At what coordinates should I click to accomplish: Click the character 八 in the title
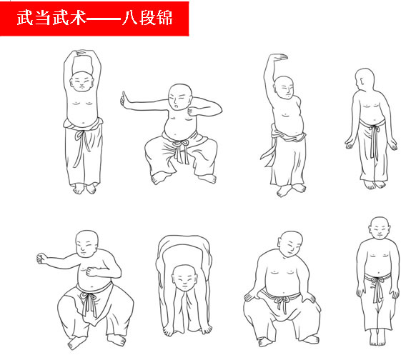pyautogui.click(x=130, y=18)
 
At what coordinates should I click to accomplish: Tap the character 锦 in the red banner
pyautogui.click(x=164, y=18)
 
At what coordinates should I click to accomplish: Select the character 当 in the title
pyautogui.click(x=42, y=18)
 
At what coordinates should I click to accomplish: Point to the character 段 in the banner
pyautogui.click(x=147, y=18)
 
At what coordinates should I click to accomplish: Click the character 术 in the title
pyautogui.click(x=78, y=18)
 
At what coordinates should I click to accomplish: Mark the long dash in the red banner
pyautogui.click(x=104, y=19)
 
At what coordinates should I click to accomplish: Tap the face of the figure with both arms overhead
pyautogui.click(x=82, y=81)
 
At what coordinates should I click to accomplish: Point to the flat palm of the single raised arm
pyautogui.click(x=278, y=57)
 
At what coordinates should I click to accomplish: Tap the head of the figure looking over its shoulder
pyautogui.click(x=364, y=79)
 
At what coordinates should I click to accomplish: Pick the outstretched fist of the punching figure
pyautogui.click(x=42, y=259)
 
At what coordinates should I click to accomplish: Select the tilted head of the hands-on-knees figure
pyautogui.click(x=291, y=244)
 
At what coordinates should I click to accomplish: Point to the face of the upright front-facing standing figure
pyautogui.click(x=380, y=229)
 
